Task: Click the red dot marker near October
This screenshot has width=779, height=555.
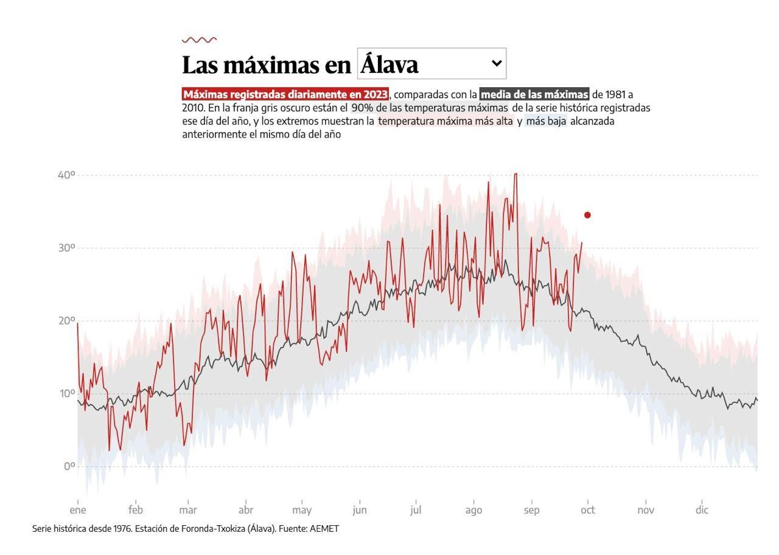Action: point(587,215)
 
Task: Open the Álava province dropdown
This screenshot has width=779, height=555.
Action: point(431,64)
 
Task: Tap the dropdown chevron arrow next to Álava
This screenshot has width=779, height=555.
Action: point(497,63)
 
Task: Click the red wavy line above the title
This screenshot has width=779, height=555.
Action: point(199,40)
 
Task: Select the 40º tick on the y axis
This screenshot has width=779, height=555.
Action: point(66,175)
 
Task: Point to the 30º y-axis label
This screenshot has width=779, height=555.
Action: point(66,248)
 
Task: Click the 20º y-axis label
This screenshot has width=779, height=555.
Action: point(66,321)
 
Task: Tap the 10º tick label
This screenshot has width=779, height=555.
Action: point(66,394)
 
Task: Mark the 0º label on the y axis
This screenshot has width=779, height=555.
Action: point(69,467)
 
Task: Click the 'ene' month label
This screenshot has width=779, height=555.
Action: point(78,511)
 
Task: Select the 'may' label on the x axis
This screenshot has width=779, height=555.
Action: point(302,511)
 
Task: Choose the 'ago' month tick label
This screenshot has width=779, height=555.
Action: point(473,511)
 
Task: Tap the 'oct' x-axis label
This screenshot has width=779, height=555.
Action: point(588,511)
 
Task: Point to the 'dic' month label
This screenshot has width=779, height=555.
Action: point(702,511)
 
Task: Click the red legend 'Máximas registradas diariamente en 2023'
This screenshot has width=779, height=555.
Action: point(285,94)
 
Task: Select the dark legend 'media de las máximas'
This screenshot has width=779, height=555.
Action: point(534,94)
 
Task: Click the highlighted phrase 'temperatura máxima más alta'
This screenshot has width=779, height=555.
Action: point(445,121)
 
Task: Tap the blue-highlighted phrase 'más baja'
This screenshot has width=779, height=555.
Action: point(546,121)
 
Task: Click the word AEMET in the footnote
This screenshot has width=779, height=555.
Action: point(324,529)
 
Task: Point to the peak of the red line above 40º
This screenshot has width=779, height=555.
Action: point(515,174)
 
